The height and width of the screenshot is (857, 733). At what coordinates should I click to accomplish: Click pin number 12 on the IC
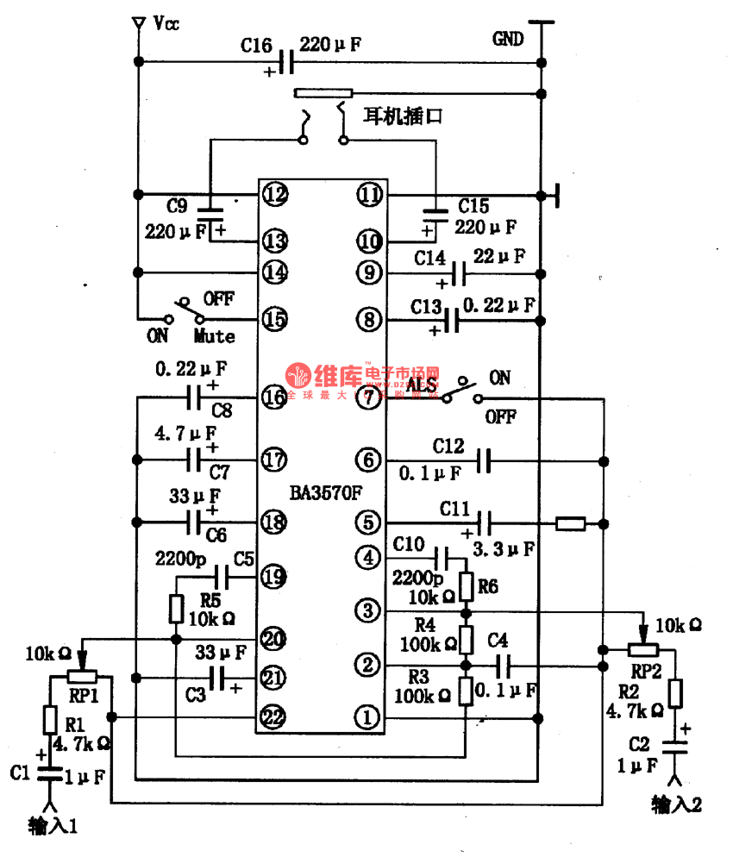coord(275,194)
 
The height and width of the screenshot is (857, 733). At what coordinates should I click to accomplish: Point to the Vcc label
coord(166,23)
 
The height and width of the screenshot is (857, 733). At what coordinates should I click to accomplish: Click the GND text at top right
coord(508,39)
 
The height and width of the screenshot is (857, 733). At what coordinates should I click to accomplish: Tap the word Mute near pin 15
coord(214,335)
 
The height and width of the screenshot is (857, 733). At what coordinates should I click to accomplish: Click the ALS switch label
coord(422,385)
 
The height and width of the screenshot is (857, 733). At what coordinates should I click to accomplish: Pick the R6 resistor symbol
coord(467,587)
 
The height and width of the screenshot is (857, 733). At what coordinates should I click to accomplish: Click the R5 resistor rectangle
coord(176,609)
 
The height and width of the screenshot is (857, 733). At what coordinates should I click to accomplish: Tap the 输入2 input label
coord(677,804)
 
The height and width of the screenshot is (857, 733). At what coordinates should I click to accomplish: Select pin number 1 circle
coord(369,717)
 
